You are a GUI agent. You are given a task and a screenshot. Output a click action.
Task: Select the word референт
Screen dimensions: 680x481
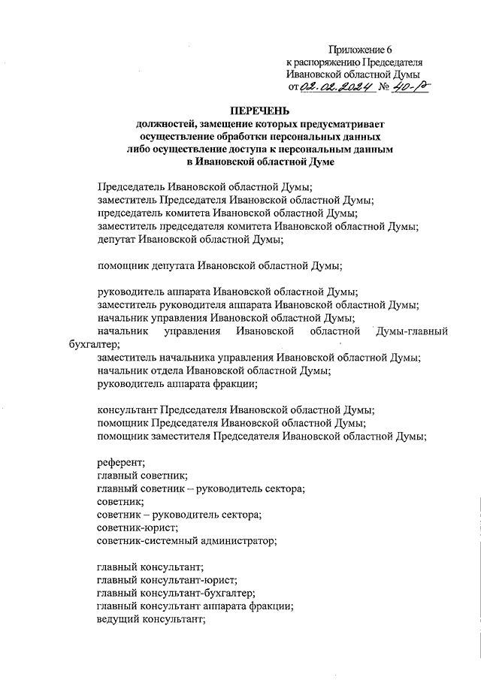tap(122, 461)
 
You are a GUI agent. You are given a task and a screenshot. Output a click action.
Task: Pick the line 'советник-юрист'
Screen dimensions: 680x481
tap(138, 527)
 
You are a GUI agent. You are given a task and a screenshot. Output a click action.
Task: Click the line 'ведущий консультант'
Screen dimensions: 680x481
tap(151, 619)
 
